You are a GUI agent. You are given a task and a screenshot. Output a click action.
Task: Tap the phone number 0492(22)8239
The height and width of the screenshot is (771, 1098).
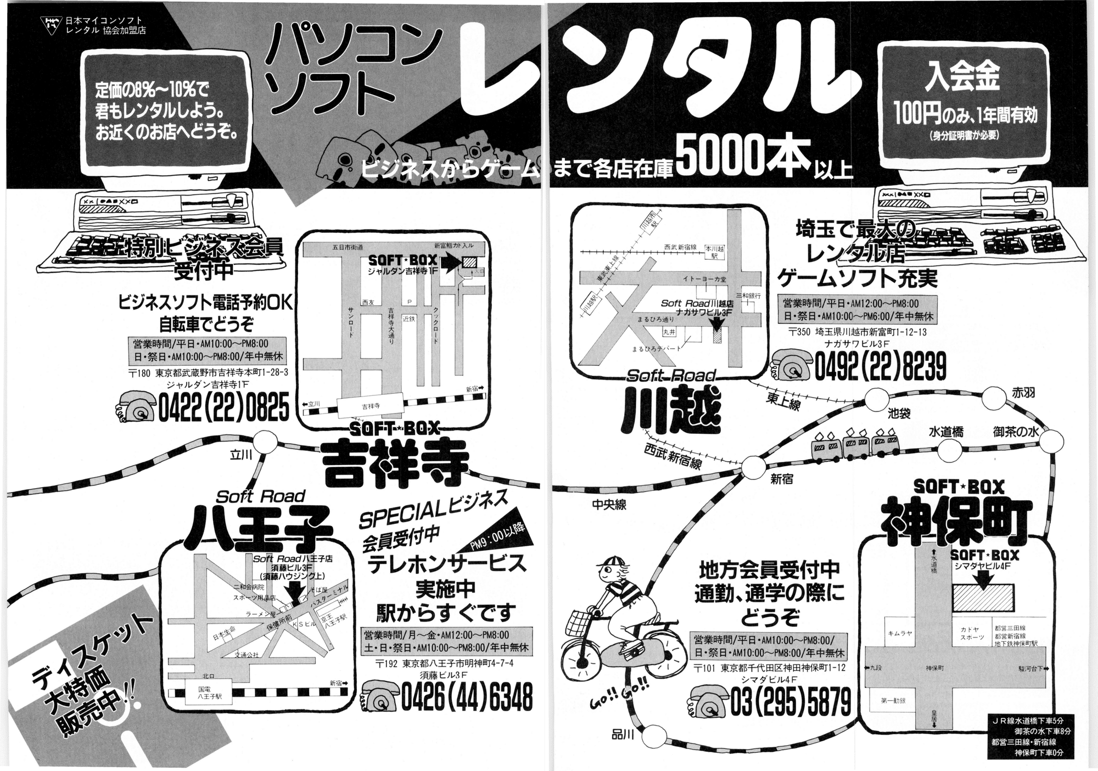tap(880, 367)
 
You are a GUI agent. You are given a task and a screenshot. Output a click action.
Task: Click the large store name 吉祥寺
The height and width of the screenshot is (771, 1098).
tap(395, 465)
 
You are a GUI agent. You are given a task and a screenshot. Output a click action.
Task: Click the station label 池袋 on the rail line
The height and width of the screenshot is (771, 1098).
tap(899, 413)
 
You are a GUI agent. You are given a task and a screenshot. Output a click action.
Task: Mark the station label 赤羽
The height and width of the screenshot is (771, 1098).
tap(1023, 393)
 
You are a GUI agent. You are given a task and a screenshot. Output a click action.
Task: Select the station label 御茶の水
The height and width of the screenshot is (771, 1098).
tap(1016, 432)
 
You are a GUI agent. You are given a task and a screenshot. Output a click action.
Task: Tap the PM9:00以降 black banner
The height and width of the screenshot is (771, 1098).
tap(498, 537)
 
